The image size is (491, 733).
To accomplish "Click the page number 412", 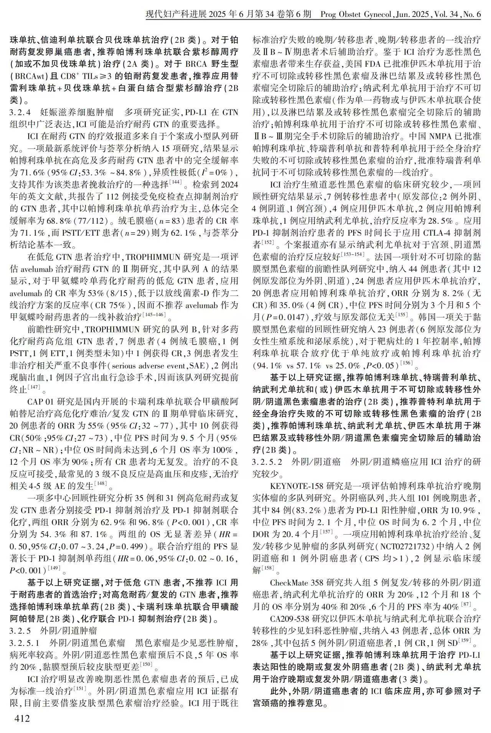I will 21,718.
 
